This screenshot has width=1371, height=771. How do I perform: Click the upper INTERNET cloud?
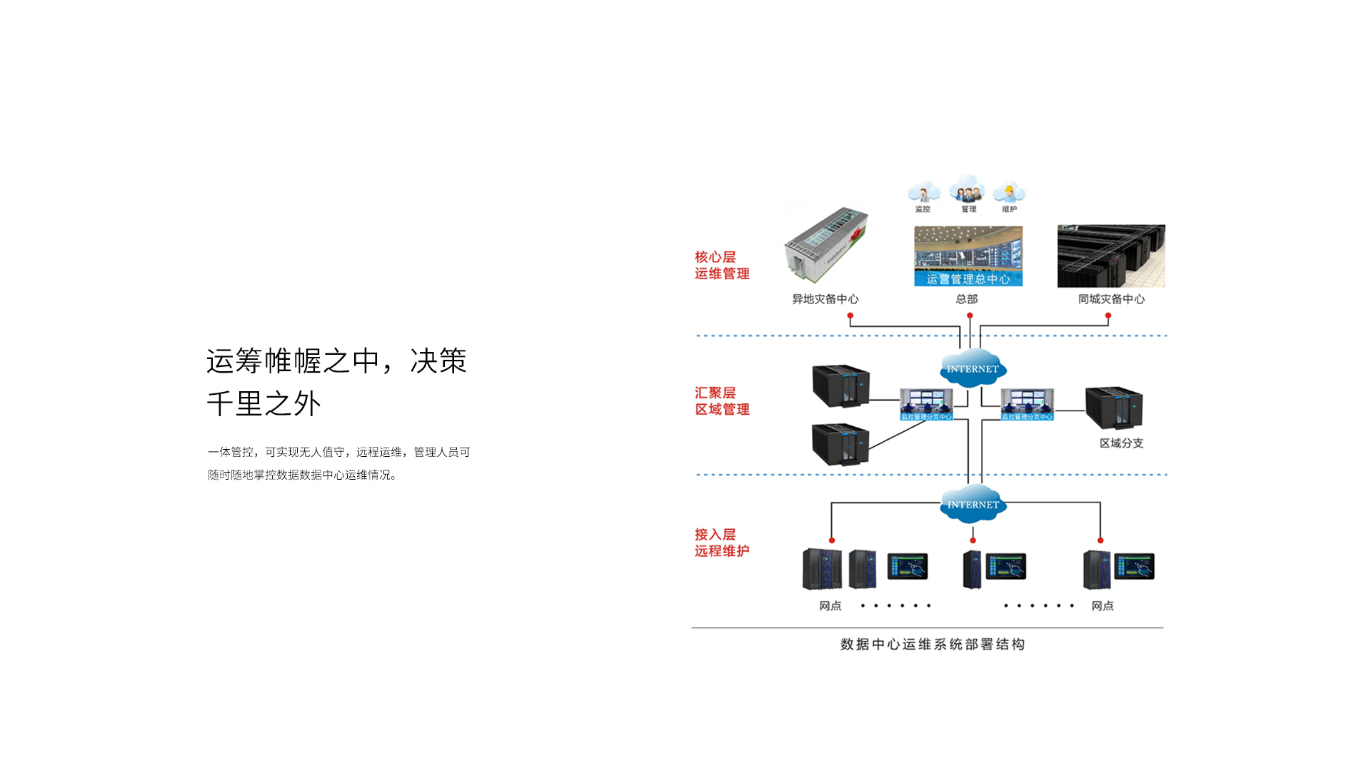click(973, 368)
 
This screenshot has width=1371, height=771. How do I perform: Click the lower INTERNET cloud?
click(973, 504)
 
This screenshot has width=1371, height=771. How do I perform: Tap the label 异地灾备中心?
click(825, 299)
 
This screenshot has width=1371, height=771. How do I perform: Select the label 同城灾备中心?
click(1111, 299)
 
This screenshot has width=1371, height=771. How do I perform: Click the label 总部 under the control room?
click(967, 299)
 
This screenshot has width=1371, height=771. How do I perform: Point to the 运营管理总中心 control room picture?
click(968, 256)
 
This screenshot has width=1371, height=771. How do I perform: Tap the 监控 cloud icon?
click(923, 192)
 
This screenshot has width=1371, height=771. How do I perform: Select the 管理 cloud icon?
click(968, 189)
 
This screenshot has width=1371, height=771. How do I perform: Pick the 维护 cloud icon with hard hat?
click(1009, 192)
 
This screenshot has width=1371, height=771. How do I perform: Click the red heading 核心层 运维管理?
click(722, 265)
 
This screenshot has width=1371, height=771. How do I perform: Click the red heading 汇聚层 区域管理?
click(722, 400)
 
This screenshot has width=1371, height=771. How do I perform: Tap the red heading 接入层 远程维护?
click(722, 542)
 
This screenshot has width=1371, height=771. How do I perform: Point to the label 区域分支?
click(1121, 443)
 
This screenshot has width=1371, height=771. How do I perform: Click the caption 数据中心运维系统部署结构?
click(932, 644)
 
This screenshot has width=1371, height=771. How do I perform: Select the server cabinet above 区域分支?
click(1114, 408)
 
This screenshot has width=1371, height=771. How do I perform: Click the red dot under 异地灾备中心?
click(850, 316)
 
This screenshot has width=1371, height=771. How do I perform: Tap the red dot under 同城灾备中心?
click(1108, 316)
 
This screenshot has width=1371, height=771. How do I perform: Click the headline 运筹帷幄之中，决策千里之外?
click(336, 382)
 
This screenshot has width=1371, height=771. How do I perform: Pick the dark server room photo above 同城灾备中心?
click(1111, 256)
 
